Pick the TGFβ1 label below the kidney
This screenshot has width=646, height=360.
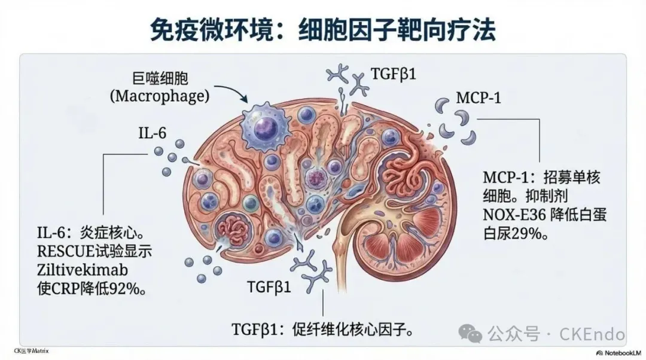tap(269, 287)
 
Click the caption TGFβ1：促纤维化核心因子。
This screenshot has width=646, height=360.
tap(324, 329)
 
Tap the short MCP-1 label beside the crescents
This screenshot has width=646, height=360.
tap(478, 97)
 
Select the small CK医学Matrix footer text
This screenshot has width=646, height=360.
tap(31, 350)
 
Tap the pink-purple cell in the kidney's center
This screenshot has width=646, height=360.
tap(316, 178)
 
